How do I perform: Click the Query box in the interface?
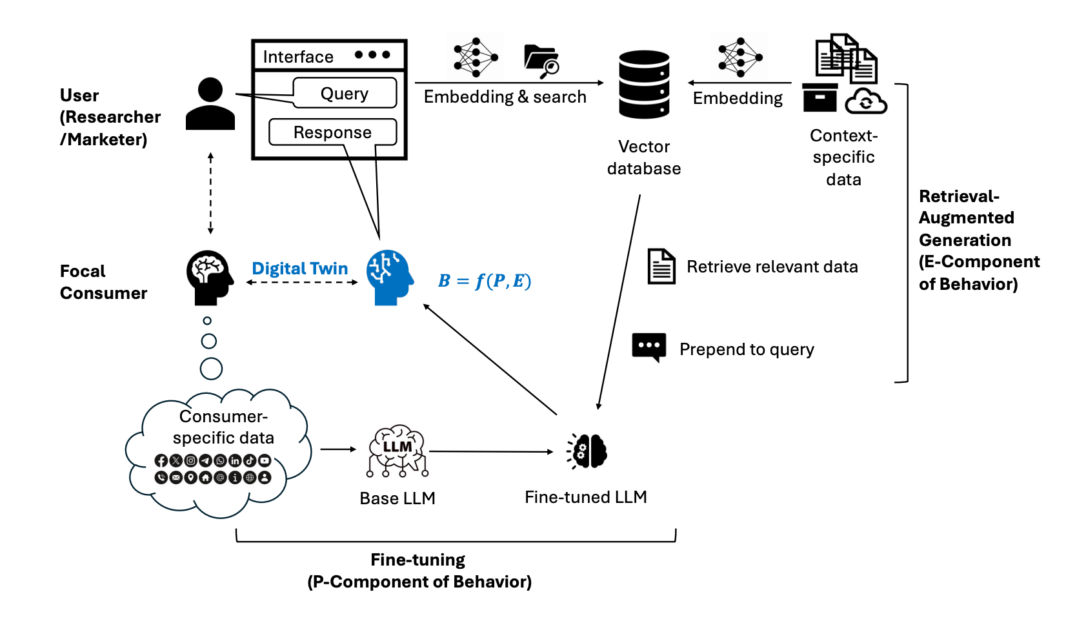345,93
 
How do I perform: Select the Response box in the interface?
332,132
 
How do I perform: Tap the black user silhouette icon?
210,104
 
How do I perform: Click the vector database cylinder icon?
644,85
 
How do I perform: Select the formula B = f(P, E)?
485,281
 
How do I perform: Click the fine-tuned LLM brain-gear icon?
588,451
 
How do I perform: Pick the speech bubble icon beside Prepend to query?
648,347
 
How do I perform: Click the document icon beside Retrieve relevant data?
661,266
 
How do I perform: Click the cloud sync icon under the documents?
866,101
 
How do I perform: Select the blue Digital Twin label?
300,268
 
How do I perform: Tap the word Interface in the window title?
298,57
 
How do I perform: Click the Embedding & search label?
505,97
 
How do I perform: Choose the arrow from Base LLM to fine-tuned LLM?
490,451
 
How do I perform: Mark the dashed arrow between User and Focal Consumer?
210,194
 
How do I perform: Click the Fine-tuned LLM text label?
585,497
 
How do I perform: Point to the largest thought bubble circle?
211,369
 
